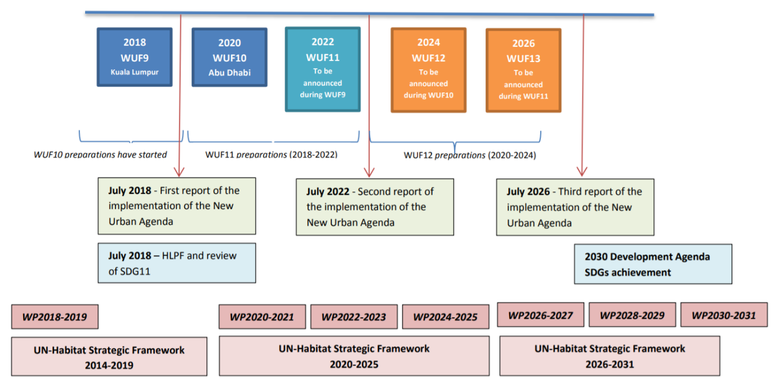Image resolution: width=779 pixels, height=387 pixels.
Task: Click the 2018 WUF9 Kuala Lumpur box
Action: pos(135,57)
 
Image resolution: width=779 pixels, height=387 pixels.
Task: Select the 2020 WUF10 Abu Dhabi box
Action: pos(229,57)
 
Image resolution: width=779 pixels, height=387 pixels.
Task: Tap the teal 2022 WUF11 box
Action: pos(322,69)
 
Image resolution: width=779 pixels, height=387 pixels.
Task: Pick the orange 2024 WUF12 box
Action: pos(429,70)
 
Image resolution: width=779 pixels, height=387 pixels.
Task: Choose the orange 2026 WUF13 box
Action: pos(523,70)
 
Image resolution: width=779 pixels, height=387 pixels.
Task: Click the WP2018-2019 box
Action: pos(55,317)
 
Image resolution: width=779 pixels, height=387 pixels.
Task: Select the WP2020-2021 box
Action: pos(262,317)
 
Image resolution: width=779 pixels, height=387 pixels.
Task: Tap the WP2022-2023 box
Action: pos(354,317)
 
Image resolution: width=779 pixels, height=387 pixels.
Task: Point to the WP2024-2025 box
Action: pos(445,317)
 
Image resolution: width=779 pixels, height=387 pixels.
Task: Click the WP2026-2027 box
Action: pos(540,315)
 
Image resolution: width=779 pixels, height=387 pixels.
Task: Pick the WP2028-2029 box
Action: pos(632,315)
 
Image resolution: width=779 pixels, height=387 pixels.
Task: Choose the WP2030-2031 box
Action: pos(724,315)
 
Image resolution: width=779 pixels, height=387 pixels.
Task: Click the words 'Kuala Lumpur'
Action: pos(135,72)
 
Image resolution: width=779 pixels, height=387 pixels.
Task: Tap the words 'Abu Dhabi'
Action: pos(229,73)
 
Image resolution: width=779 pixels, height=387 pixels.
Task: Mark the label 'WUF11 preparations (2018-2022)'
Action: pos(271,154)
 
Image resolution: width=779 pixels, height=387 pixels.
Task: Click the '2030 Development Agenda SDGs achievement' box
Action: pos(653,264)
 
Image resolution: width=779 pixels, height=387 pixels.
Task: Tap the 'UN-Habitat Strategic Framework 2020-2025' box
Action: pos(354,356)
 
